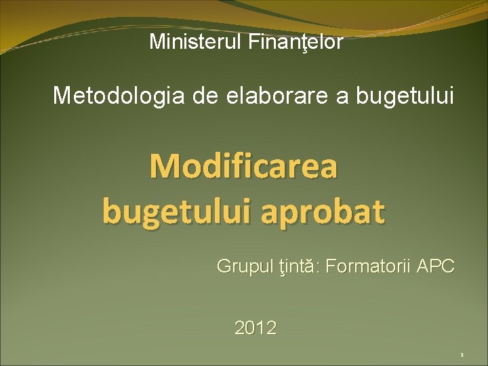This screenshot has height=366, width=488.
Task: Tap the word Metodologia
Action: (x=118, y=96)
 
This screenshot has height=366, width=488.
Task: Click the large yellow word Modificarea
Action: (x=243, y=167)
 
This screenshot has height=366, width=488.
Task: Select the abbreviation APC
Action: (x=436, y=266)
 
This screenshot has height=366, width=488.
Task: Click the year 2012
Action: (x=256, y=329)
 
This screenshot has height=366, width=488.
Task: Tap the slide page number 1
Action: (x=461, y=355)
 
